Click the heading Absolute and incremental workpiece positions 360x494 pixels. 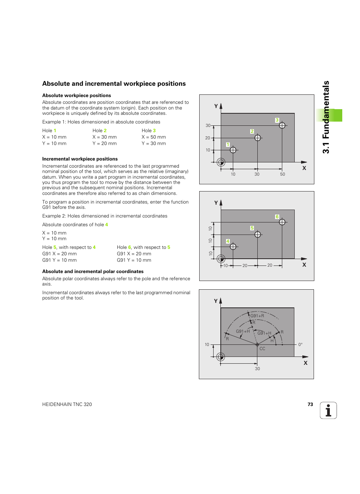pyautogui.click(x=114, y=84)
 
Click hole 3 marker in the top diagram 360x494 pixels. pyautogui.click(x=282, y=125)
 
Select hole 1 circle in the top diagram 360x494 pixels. pyautogui.click(x=233, y=150)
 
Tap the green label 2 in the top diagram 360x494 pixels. pyautogui.click(x=252, y=131)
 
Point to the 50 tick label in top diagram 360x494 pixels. pyautogui.click(x=282, y=174)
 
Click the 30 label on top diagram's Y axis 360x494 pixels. pyautogui.click(x=208, y=125)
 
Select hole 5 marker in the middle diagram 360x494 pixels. pyautogui.click(x=257, y=235)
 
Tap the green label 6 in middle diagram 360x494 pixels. pyautogui.click(x=277, y=217)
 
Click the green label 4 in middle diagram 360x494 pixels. pyautogui.click(x=228, y=241)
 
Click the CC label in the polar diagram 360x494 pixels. pyautogui.click(x=262, y=349)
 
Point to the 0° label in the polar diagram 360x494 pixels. pyautogui.click(x=300, y=344)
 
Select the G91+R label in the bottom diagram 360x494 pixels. pyautogui.click(x=257, y=316)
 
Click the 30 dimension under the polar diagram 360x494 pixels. pyautogui.click(x=257, y=369)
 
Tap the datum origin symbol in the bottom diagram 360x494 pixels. pyautogui.click(x=221, y=357)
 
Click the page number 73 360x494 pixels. pyautogui.click(x=310, y=404)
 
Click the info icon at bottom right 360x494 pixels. pyautogui.click(x=328, y=411)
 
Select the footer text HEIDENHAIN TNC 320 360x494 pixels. pyautogui.click(x=67, y=404)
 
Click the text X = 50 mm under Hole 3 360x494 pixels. pyautogui.click(x=154, y=137)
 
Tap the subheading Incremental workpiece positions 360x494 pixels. pyautogui.click(x=80, y=159)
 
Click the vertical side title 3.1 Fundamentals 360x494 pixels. pyautogui.click(x=326, y=117)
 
